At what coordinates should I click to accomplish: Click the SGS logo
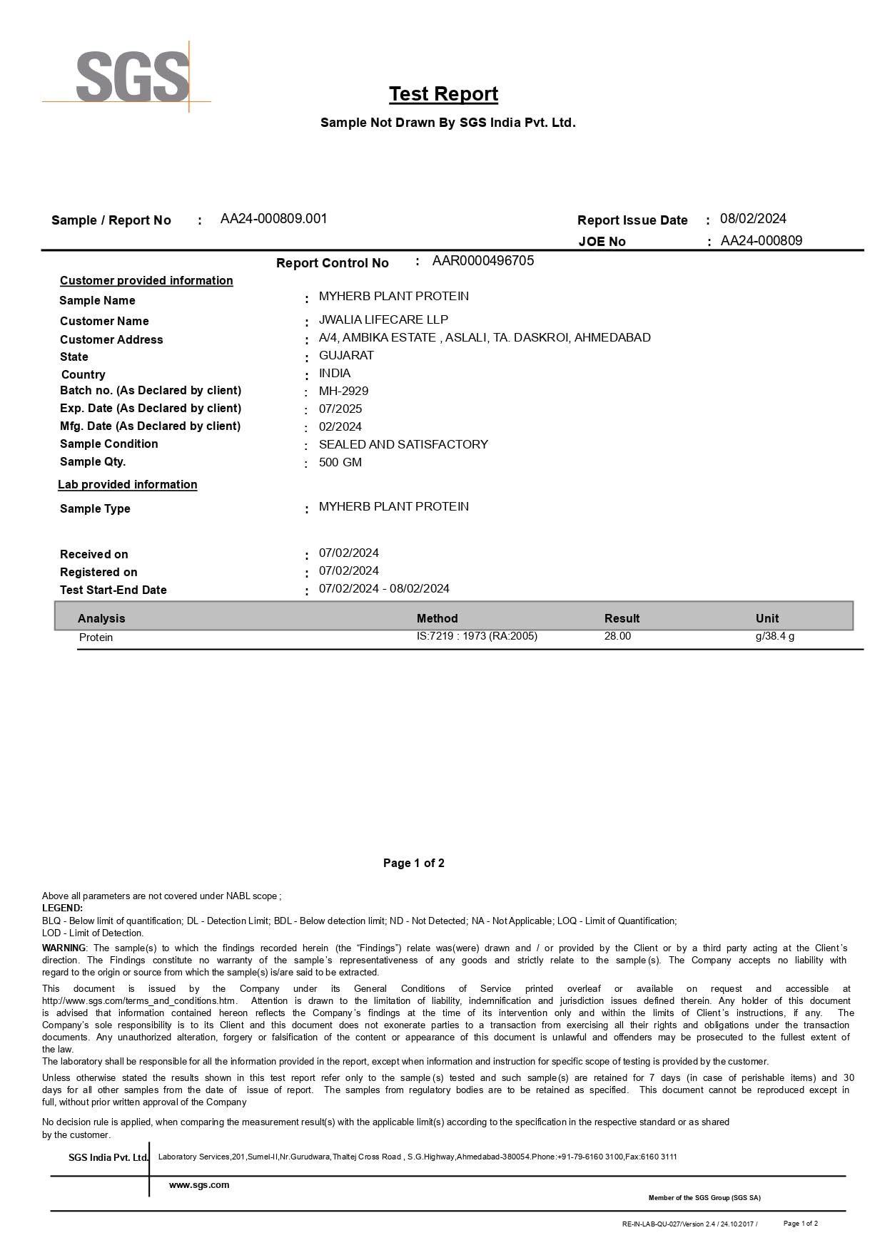click(132, 76)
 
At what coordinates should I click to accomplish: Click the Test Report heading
click(443, 94)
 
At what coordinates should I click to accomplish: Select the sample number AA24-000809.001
click(273, 219)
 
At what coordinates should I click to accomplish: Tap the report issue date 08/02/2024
click(753, 219)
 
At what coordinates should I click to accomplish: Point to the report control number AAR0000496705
click(482, 261)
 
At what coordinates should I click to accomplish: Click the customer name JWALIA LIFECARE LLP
click(383, 319)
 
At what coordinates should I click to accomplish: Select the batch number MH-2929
click(343, 391)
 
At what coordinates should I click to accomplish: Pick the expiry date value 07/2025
click(340, 409)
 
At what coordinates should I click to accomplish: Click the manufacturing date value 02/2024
click(340, 426)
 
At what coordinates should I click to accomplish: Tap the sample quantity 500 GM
click(340, 462)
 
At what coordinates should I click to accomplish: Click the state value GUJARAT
click(346, 355)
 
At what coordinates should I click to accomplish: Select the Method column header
click(437, 618)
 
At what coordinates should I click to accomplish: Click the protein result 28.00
click(617, 636)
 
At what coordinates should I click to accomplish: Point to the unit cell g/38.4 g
click(774, 636)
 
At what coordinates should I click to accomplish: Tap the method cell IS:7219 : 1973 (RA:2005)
click(477, 636)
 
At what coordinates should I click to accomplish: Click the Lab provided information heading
click(128, 485)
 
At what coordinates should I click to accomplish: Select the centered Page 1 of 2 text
click(414, 864)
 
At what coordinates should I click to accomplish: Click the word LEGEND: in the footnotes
click(62, 908)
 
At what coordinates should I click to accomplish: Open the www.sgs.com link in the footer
click(199, 1185)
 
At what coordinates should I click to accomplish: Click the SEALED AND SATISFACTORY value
click(403, 444)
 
